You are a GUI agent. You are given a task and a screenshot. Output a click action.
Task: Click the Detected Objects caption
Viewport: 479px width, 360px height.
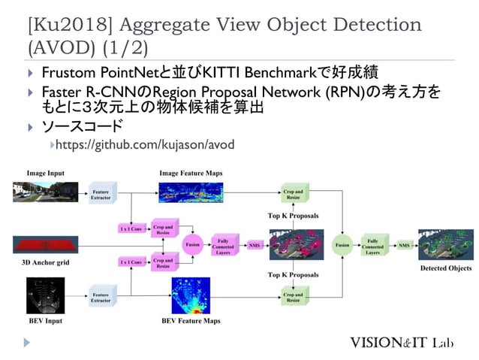[446, 268]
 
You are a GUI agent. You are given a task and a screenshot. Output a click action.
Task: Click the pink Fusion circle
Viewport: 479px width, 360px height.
[192, 244]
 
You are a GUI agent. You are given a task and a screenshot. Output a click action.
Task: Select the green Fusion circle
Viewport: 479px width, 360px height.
[342, 244]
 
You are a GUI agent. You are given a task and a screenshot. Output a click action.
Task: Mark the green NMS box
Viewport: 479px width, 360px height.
[404, 245]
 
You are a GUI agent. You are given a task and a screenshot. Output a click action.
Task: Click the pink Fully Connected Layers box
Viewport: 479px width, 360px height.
[222, 244]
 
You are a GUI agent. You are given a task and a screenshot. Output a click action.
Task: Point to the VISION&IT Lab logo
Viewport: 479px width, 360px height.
[412, 343]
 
